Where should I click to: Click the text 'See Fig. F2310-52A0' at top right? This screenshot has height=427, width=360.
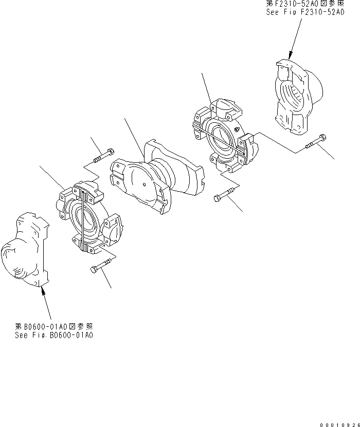click(x=306, y=12)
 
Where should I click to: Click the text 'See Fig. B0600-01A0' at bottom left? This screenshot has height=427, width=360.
click(x=54, y=336)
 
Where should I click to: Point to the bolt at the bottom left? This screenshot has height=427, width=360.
click(x=100, y=268)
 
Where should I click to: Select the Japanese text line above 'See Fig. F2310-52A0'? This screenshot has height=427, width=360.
click(x=305, y=4)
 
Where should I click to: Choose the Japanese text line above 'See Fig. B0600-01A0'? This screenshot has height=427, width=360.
click(x=54, y=327)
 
